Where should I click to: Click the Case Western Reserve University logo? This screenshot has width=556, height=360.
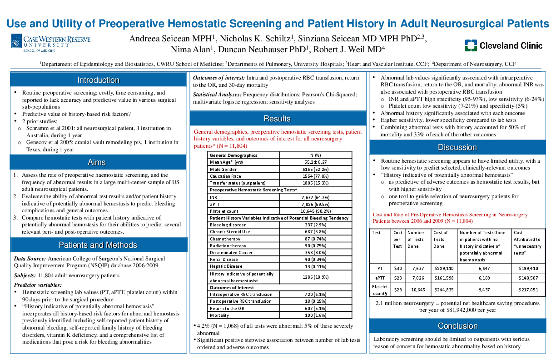(50, 44)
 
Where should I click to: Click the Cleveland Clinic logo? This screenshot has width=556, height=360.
(503, 45)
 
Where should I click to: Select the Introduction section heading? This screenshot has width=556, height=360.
(98, 80)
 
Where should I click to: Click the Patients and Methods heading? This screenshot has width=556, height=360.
(98, 245)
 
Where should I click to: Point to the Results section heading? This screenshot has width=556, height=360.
(277, 119)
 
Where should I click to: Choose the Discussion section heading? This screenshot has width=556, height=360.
(457, 147)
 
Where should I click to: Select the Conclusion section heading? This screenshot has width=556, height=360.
(457, 326)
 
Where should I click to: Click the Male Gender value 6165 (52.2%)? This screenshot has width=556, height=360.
(316, 169)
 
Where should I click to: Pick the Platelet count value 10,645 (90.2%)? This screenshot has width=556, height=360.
(316, 211)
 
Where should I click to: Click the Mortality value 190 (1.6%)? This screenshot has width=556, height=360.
(316, 315)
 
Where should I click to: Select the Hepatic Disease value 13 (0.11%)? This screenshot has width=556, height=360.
(316, 266)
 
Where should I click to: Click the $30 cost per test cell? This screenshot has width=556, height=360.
(397, 269)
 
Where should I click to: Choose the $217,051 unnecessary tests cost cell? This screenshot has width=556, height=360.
(528, 290)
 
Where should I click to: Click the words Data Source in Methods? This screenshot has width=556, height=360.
(30, 259)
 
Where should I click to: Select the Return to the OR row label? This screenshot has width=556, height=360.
(227, 309)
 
